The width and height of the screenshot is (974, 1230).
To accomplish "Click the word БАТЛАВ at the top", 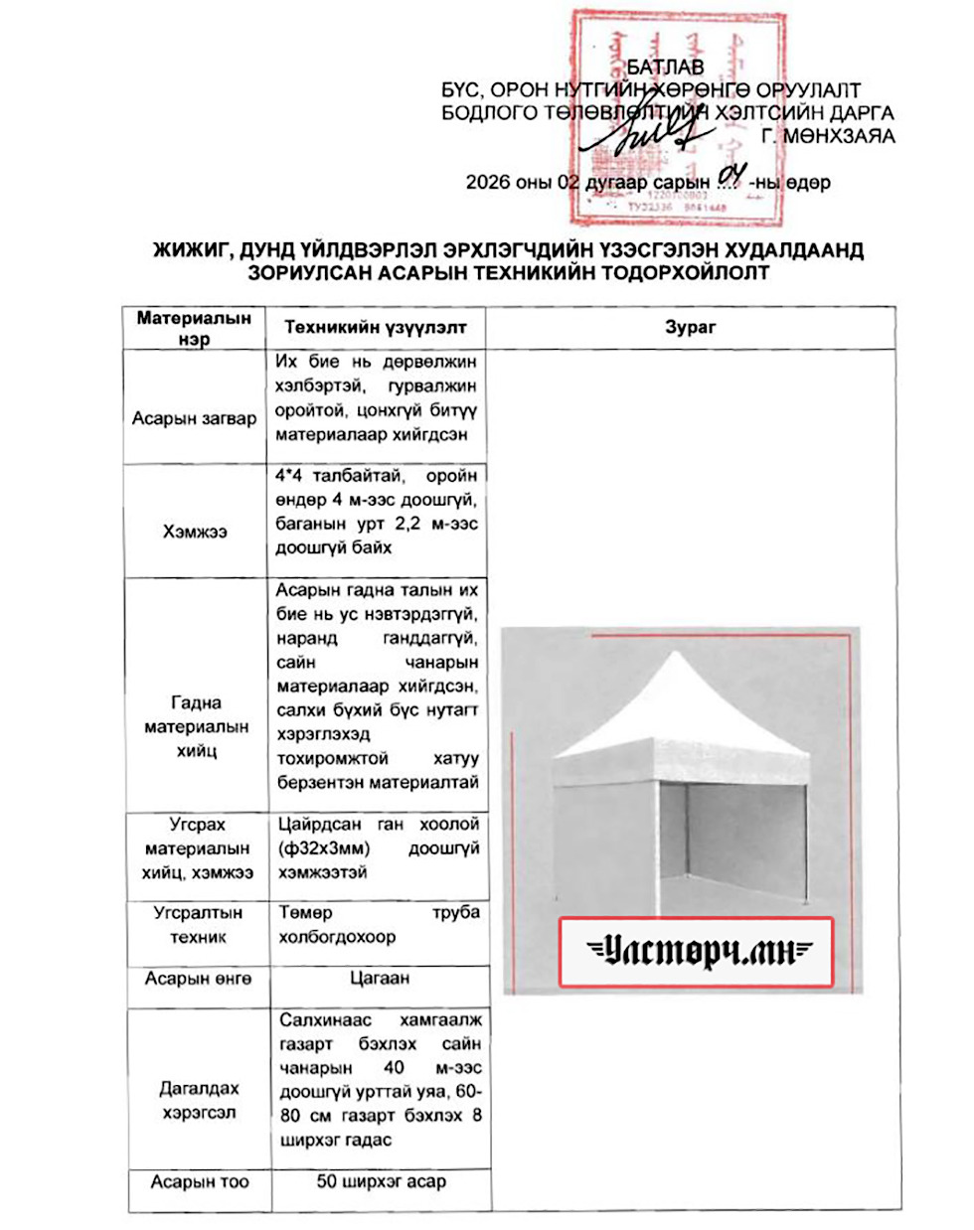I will (665, 68).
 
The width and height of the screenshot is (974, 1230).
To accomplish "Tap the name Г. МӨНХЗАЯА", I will (828, 136).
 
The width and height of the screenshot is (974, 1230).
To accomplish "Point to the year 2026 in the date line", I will (487, 183).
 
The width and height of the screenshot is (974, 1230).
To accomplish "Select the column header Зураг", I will (690, 327).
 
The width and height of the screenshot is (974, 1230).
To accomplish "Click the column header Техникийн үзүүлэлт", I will (375, 327).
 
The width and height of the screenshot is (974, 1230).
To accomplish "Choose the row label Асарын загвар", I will (194, 418).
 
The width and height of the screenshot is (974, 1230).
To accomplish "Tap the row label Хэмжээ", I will (195, 532).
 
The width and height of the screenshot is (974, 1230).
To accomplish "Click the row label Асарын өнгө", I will (198, 979).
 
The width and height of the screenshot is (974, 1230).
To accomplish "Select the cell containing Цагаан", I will (379, 978).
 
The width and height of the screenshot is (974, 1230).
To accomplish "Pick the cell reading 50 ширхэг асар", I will (381, 1181).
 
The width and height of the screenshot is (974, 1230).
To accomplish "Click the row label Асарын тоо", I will (200, 1181).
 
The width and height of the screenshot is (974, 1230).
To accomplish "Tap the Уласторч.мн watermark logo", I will (696, 952).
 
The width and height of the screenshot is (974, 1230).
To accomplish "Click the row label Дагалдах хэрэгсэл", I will (199, 1100).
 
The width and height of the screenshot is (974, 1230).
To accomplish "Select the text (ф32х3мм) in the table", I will (324, 848).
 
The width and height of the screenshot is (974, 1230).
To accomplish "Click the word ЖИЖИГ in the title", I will (193, 249).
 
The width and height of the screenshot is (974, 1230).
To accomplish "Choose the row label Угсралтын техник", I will (198, 924).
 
